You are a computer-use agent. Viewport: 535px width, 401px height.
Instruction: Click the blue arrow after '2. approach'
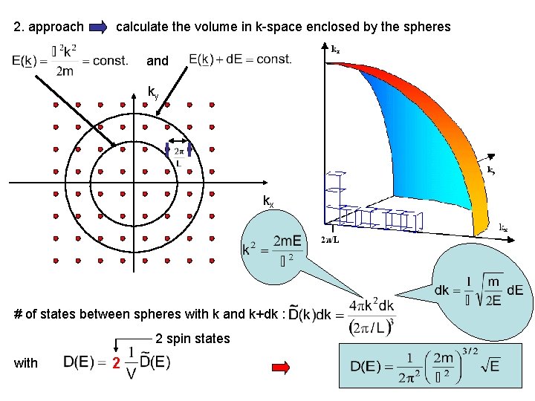coord(98,27)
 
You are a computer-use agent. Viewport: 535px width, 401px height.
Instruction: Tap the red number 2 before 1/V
coord(115,364)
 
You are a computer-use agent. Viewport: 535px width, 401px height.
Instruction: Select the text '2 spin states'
coord(192,339)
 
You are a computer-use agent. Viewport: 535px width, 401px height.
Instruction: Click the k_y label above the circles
coord(153,93)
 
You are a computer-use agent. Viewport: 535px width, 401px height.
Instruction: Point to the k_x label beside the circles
coord(267,200)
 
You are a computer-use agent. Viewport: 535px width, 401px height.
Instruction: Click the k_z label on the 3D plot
coord(335,50)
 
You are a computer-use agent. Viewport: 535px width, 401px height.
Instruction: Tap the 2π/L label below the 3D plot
coord(331,239)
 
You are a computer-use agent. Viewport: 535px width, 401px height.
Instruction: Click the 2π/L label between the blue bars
coord(179,157)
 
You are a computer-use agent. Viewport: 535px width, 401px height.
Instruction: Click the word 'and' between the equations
coord(158,61)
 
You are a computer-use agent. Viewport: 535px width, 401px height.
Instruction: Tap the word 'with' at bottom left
coord(25,363)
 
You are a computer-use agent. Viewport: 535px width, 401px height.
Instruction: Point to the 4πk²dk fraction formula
coord(372,315)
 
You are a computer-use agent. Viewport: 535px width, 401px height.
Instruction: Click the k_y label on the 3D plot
coord(491,170)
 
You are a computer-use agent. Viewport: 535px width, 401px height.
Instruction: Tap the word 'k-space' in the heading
coord(275,27)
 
